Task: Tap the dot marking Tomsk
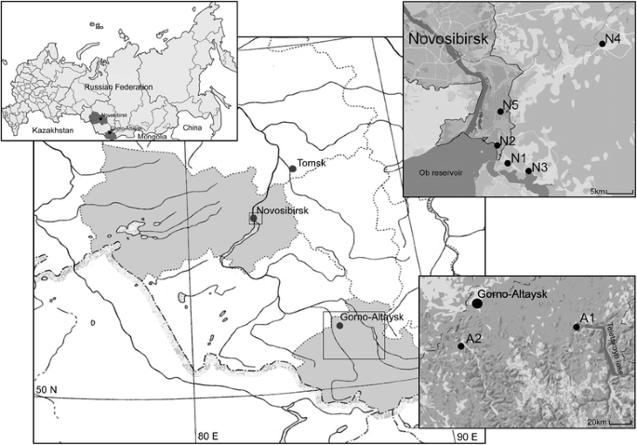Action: pyautogui.click(x=293, y=169)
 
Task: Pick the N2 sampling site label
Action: pyautogui.click(x=507, y=142)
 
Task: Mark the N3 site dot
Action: pyautogui.click(x=528, y=170)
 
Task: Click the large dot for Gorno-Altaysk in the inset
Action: pyautogui.click(x=477, y=303)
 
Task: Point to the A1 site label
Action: pyautogui.click(x=587, y=318)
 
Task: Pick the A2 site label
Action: pyautogui.click(x=473, y=337)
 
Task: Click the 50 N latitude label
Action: pyautogui.click(x=48, y=388)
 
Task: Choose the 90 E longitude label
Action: pyautogui.click(x=467, y=437)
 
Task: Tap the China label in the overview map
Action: pyautogui.click(x=191, y=126)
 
